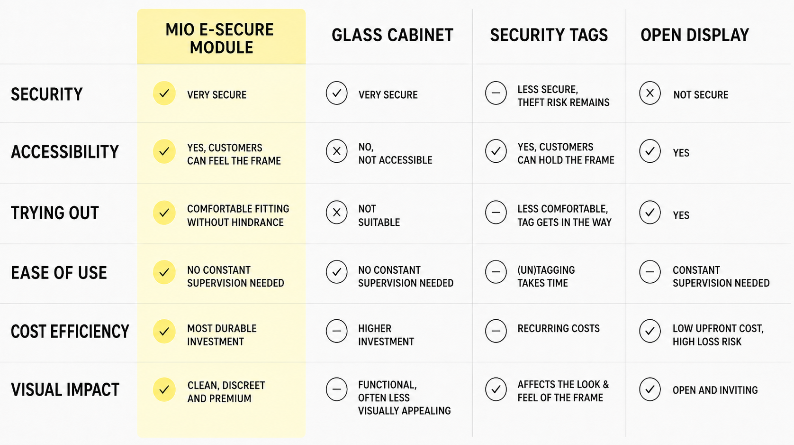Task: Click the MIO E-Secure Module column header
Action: click(x=220, y=38)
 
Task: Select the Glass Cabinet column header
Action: click(x=392, y=35)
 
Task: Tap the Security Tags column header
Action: click(x=549, y=35)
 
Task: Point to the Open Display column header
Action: click(x=695, y=35)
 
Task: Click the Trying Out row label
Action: click(x=55, y=213)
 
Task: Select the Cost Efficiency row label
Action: click(x=70, y=332)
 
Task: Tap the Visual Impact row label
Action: click(x=65, y=389)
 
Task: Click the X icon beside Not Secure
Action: click(x=650, y=93)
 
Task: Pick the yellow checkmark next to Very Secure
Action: click(x=164, y=93)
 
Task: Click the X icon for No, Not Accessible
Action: click(x=336, y=151)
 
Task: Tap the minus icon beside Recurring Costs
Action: click(x=496, y=331)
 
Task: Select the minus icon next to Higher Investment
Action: click(x=336, y=331)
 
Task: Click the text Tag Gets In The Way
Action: click(x=564, y=222)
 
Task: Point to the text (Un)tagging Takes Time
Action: click(x=546, y=277)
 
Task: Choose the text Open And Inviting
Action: click(x=715, y=390)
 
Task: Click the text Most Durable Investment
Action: click(x=222, y=334)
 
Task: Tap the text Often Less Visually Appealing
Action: click(x=404, y=404)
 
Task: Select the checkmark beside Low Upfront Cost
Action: click(x=650, y=331)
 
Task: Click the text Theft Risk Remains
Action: click(x=563, y=102)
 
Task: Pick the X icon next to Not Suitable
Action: click(x=336, y=212)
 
